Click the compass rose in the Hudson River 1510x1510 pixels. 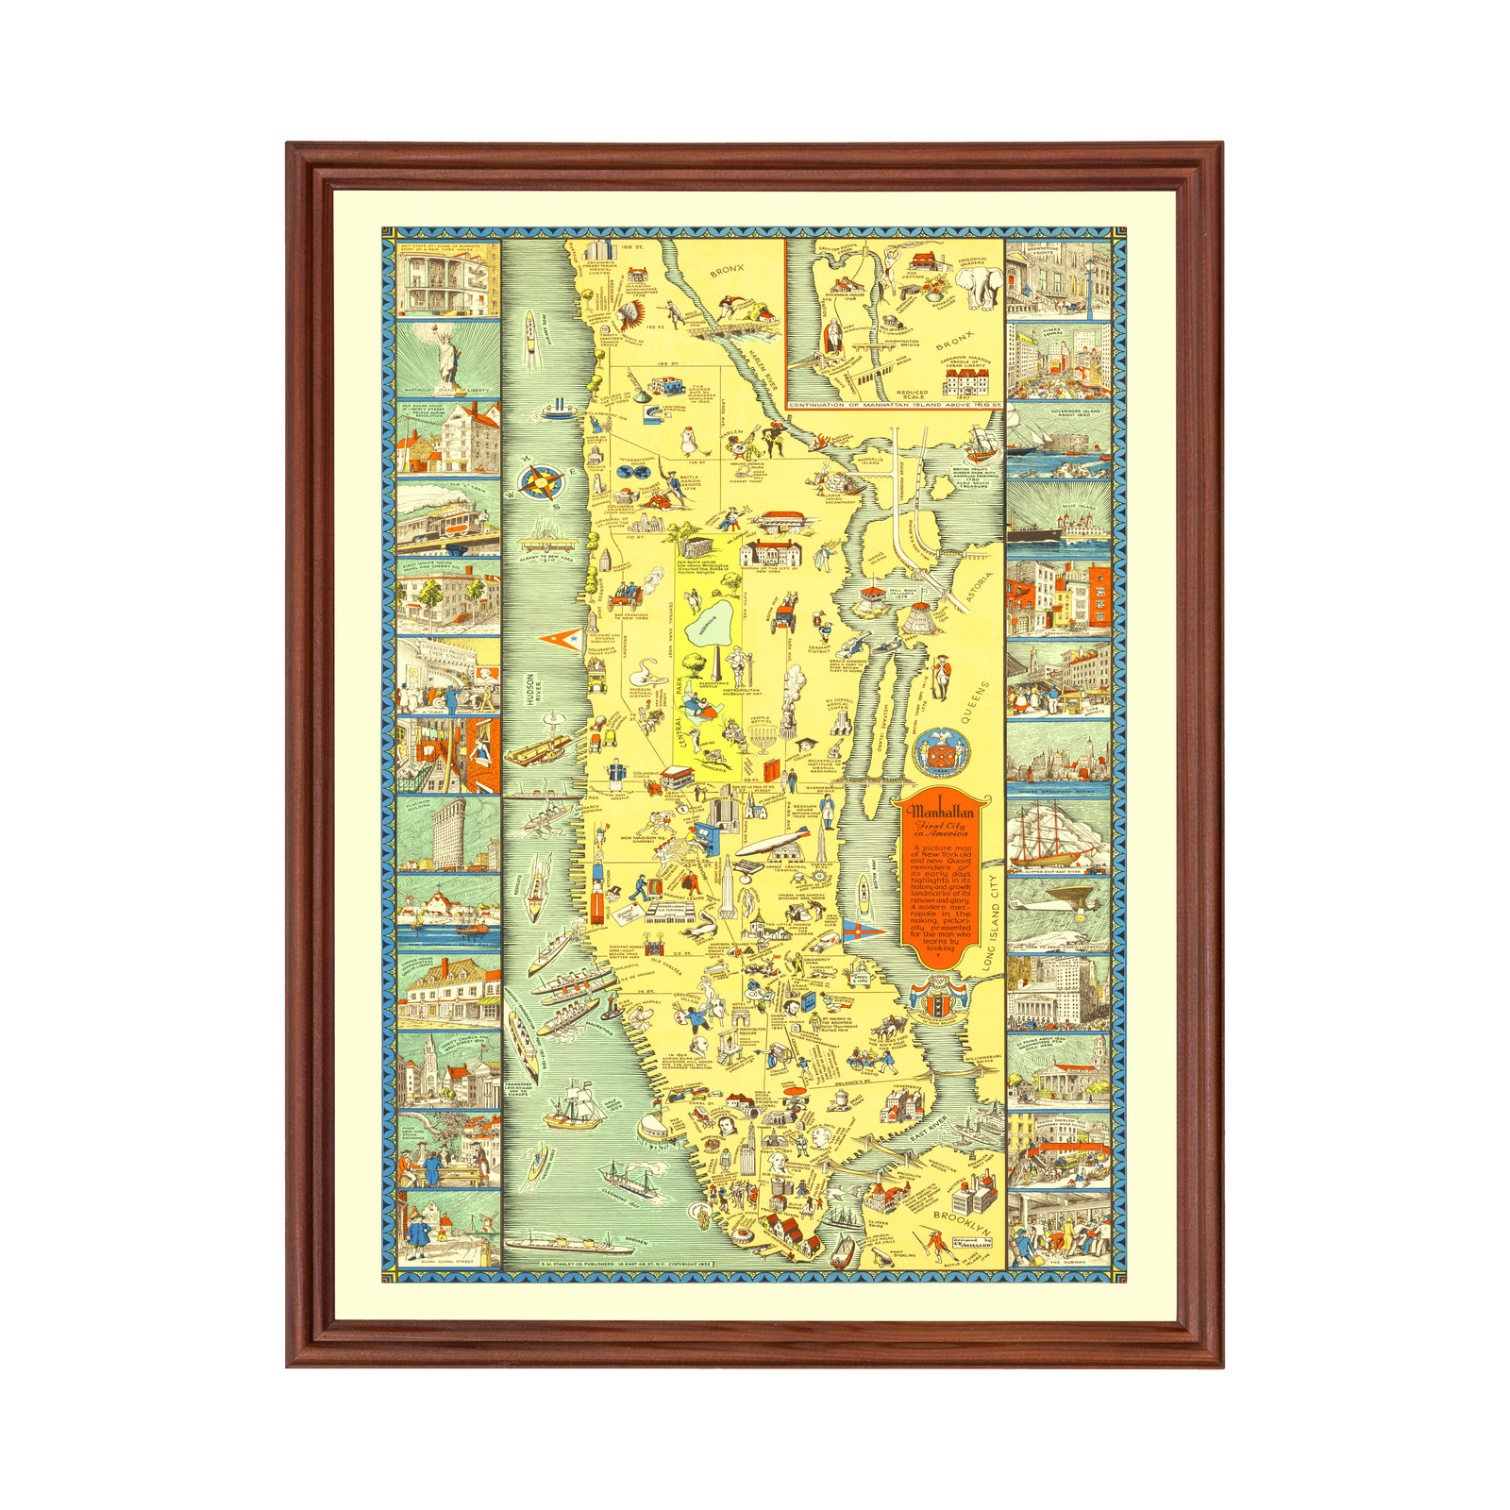[x=541, y=483]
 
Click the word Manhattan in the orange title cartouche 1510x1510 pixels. [x=940, y=811]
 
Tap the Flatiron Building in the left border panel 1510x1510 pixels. [x=447, y=834]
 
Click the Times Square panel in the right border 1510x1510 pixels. [x=1058, y=361]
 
